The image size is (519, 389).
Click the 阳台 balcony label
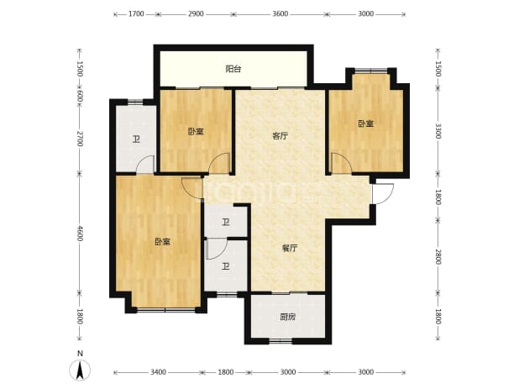233,69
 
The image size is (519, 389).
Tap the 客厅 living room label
280,136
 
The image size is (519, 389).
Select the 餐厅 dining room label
290,249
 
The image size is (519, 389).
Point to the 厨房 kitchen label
287,317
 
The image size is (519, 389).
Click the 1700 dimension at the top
136,14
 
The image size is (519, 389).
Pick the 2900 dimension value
196,14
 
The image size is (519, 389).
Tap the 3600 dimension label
280,14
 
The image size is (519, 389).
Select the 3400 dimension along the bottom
158,372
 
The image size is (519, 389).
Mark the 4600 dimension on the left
80,233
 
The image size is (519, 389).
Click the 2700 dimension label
80,139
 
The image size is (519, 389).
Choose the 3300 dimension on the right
438,131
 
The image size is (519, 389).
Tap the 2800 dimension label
438,256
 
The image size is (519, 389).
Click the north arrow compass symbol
80,371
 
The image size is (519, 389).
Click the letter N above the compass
80,354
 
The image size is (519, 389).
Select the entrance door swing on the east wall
383,194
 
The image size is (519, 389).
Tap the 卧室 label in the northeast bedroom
365,124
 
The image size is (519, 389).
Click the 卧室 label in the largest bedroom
163,242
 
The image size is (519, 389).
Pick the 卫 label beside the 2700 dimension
136,139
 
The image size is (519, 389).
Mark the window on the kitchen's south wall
280,340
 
